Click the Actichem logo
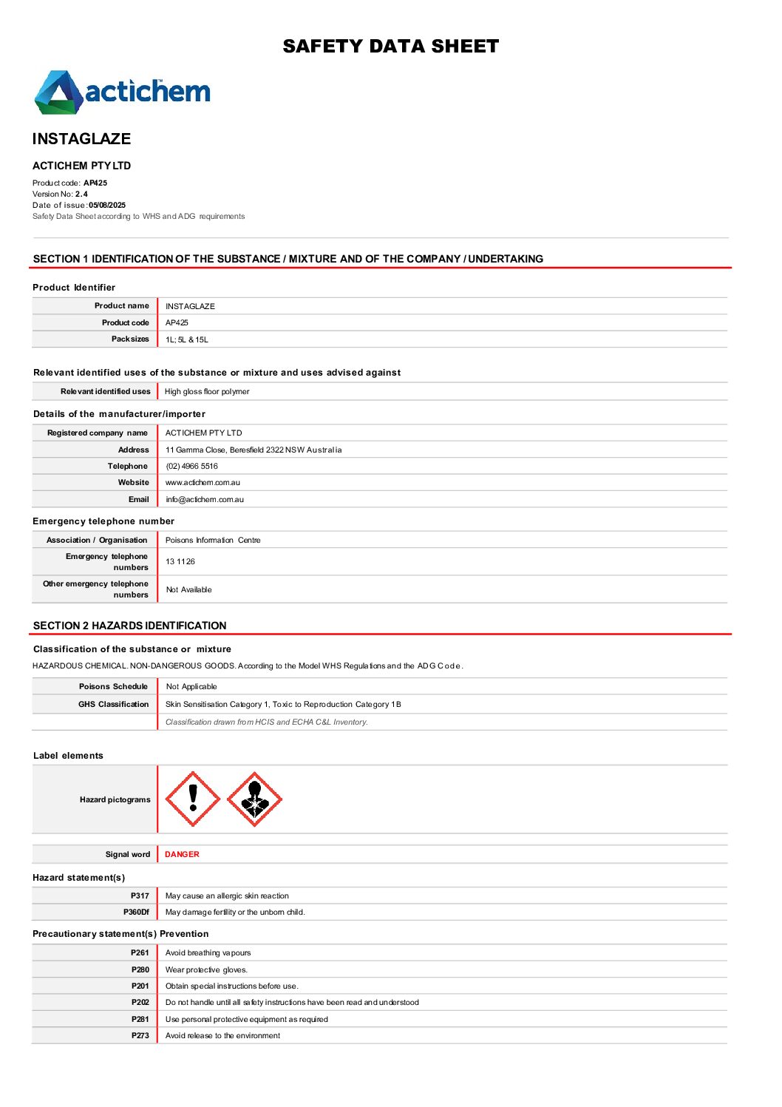coord(122,92)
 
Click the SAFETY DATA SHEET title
coord(390,47)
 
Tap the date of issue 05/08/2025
coord(107,206)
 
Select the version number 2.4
coord(81,194)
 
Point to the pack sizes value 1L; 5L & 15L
coord(187,340)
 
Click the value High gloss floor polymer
coord(207,392)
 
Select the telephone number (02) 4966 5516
coord(192,467)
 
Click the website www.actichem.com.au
coord(203,483)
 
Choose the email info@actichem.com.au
coord(205,500)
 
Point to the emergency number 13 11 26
coord(180,562)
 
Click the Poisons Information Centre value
coord(213,541)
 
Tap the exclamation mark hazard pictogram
coord(193,799)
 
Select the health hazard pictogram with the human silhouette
coord(254,799)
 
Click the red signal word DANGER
coord(182,855)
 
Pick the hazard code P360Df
coord(136,913)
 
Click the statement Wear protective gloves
coord(206,970)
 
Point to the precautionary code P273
coord(140,1036)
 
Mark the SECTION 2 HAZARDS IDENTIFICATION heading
coord(130,626)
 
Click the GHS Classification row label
coord(114,705)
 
